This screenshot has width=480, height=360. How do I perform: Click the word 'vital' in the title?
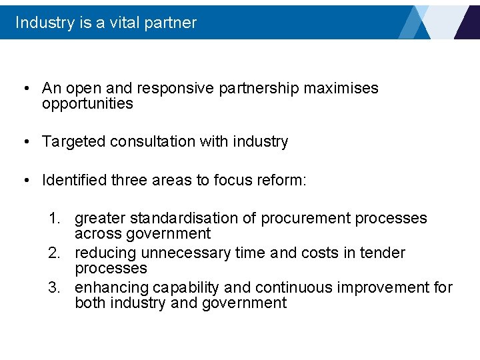tap(119, 23)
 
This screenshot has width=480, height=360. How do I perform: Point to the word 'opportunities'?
tap(87, 104)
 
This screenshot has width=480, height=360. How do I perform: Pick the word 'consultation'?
tap(151, 141)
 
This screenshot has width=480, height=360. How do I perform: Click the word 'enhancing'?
tap(112, 288)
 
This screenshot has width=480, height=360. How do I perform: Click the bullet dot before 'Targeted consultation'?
tap(24, 142)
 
